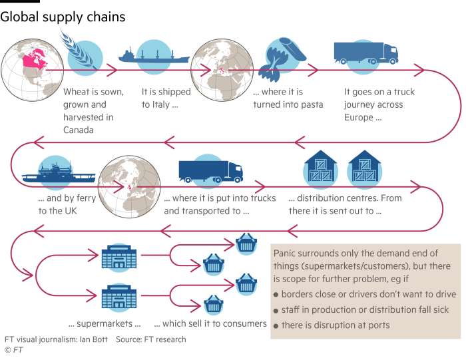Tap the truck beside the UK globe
pyautogui.click(x=210, y=171)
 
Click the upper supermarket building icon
pyautogui.click(x=117, y=257)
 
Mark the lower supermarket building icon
pyautogui.click(x=117, y=297)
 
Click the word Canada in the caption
pyautogui.click(x=78, y=130)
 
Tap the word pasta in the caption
pyautogui.click(x=310, y=104)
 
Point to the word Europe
pyautogui.click(x=359, y=117)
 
